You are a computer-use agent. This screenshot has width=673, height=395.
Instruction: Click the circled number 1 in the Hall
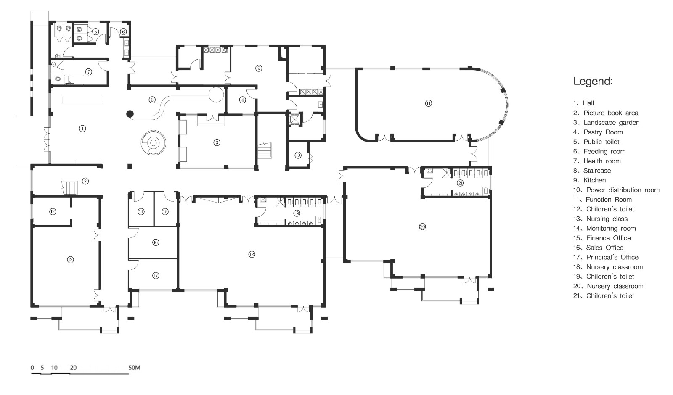[82, 129]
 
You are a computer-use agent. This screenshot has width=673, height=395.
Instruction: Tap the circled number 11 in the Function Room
[429, 103]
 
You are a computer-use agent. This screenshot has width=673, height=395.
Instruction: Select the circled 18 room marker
[252, 255]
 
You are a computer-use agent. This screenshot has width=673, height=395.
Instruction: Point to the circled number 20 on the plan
[422, 226]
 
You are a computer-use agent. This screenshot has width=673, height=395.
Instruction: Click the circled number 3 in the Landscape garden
[217, 142]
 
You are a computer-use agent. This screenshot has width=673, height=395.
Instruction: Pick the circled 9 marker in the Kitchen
[259, 68]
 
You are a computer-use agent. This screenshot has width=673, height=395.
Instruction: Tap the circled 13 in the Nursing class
[70, 259]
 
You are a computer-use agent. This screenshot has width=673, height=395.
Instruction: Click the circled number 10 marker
[298, 155]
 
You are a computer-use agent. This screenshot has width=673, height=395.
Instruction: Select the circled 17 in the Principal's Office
[156, 275]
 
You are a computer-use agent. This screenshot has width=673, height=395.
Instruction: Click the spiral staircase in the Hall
[153, 143]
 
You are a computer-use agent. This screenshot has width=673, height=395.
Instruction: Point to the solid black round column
[130, 114]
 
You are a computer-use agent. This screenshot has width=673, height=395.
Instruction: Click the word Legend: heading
[593, 82]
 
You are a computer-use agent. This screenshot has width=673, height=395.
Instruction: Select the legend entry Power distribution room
[617, 190]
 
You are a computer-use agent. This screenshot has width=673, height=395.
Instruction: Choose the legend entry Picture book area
[606, 113]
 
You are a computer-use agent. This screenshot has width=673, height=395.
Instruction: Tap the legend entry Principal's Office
[606, 257]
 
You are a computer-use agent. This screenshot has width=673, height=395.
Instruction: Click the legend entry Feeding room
[599, 152]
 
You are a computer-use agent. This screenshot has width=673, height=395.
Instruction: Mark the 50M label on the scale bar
[134, 368]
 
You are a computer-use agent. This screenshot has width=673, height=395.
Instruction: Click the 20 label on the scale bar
[73, 368]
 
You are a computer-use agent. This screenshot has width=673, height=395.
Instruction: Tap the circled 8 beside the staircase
[85, 181]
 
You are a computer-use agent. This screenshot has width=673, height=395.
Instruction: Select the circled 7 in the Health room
[88, 72]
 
